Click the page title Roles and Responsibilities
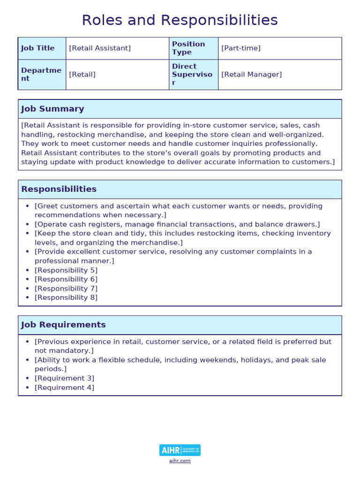(180, 20)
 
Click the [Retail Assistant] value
(100, 48)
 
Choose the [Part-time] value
(241, 48)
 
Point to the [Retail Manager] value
(252, 75)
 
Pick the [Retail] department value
(82, 75)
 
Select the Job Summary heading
(52, 109)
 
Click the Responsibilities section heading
(59, 189)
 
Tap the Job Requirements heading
(63, 325)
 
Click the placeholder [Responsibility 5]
(66, 270)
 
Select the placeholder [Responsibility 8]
(66, 298)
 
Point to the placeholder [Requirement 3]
(64, 378)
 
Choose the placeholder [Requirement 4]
(64, 388)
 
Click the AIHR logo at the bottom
(180, 450)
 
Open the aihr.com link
(180, 461)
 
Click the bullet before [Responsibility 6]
(28, 279)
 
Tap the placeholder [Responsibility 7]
(66, 289)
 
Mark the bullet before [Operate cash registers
(28, 225)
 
